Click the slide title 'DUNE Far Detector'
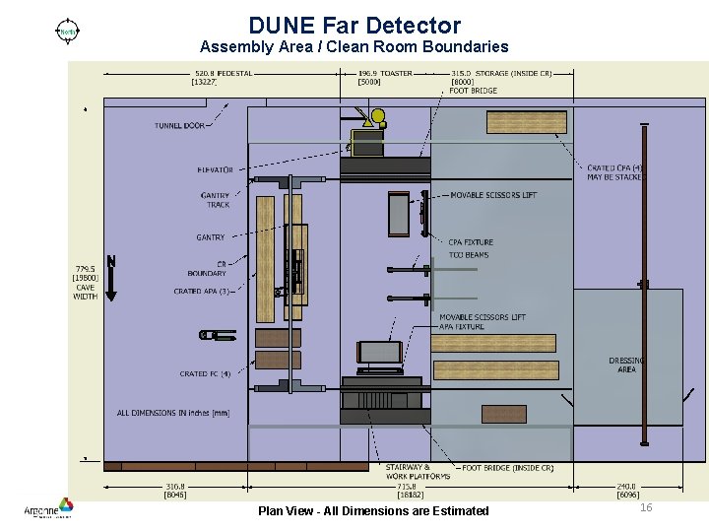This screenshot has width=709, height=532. coord(354,25)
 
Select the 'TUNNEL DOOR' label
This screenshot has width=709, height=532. coord(179,125)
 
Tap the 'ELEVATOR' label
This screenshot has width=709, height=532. coord(215,170)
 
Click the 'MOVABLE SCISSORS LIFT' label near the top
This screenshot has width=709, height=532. coord(493,195)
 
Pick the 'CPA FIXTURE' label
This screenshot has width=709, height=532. coord(471,242)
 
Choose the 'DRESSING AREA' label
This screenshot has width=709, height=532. coord(626,366)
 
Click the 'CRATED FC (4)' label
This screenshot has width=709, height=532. coord(205,374)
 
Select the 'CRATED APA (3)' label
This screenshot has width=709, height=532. coord(201,292)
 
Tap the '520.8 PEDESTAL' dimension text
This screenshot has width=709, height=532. coord(223,73)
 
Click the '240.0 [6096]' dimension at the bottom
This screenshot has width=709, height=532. coord(626,491)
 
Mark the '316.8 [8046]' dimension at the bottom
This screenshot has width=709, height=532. coord(176,491)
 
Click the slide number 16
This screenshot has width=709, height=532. coord(646,507)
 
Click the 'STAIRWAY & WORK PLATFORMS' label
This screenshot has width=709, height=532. coord(407,472)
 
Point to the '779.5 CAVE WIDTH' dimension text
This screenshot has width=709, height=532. coord(85,282)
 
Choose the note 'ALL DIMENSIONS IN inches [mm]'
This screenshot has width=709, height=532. coord(173,413)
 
